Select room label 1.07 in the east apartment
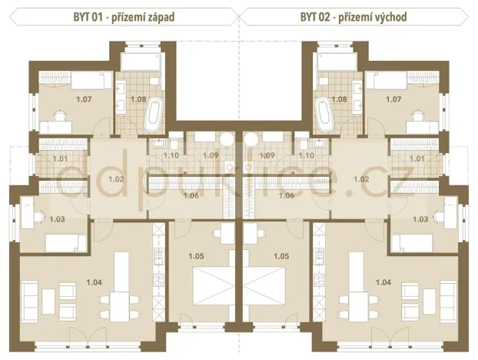coord(393,99)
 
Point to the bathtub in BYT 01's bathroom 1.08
coord(152,117)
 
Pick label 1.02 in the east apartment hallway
coord(361,178)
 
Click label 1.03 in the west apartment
coord(57,219)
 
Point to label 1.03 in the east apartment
coord(420,219)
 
